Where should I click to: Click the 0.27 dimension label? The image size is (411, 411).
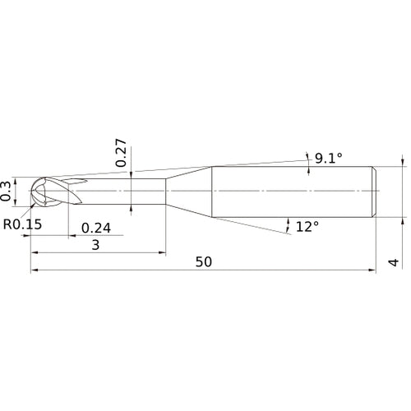tap(121, 153)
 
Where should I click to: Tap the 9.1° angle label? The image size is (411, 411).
tap(329, 158)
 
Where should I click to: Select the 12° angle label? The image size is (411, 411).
tap(307, 227)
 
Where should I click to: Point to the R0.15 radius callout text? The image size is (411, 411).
tap(22, 224)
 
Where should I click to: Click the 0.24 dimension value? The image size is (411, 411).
tap(96, 228)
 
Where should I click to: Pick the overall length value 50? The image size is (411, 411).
tap(204, 262)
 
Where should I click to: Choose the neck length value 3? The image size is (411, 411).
tap(95, 245)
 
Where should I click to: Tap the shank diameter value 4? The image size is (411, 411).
tap(394, 262)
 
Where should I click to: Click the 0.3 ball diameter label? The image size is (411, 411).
tap(6, 192)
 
